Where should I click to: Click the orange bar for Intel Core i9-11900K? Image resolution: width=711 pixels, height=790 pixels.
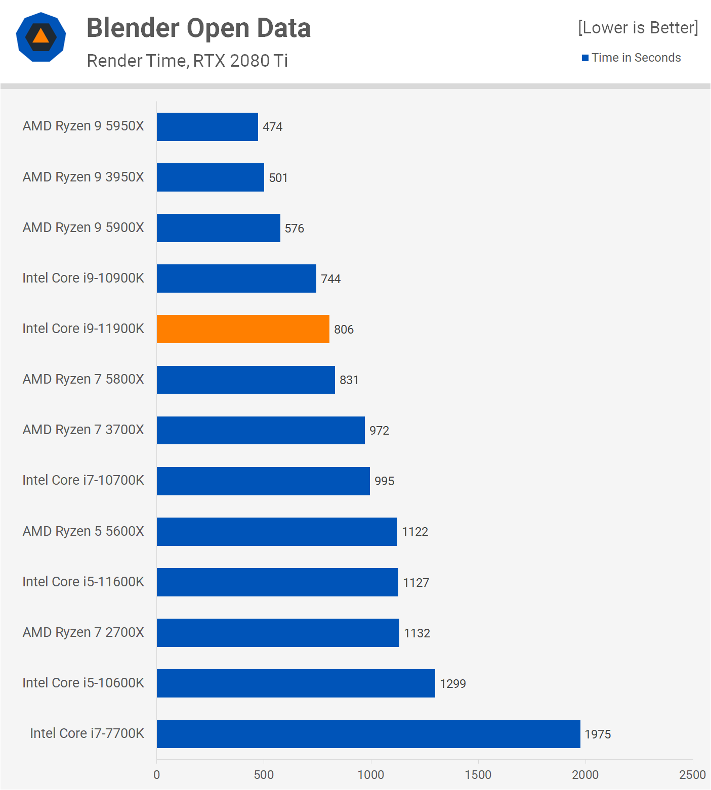tap(243, 329)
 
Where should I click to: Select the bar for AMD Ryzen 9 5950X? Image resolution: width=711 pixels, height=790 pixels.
tap(207, 127)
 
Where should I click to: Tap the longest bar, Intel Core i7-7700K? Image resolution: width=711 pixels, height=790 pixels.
tap(368, 734)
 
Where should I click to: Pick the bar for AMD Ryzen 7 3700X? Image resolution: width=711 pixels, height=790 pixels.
tap(261, 430)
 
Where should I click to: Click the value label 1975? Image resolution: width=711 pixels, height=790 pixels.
tap(598, 734)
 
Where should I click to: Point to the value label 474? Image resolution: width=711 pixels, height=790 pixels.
tap(272, 127)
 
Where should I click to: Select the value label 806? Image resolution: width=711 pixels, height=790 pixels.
tap(344, 330)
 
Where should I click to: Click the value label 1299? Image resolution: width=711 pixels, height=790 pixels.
tap(452, 684)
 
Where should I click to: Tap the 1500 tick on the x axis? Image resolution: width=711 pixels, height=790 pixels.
tap(478, 775)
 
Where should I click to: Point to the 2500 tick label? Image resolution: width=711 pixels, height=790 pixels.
tap(692, 775)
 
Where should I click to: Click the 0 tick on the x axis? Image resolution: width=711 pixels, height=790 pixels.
tap(157, 775)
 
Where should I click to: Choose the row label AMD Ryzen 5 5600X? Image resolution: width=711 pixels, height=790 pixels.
tap(83, 531)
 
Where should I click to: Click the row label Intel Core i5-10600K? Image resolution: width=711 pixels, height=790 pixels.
tap(83, 683)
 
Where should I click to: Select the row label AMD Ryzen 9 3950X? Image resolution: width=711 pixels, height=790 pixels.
tap(83, 177)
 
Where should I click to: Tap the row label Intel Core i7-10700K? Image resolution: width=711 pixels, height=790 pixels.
tap(83, 480)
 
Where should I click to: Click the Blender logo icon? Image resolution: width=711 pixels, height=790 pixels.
tap(41, 37)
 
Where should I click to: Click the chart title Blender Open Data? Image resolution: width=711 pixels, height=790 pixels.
tap(198, 28)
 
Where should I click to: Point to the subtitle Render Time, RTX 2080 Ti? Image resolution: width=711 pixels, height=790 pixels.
tap(187, 61)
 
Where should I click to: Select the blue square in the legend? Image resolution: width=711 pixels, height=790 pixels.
tap(585, 58)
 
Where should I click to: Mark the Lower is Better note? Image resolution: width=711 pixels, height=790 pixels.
tap(638, 28)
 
